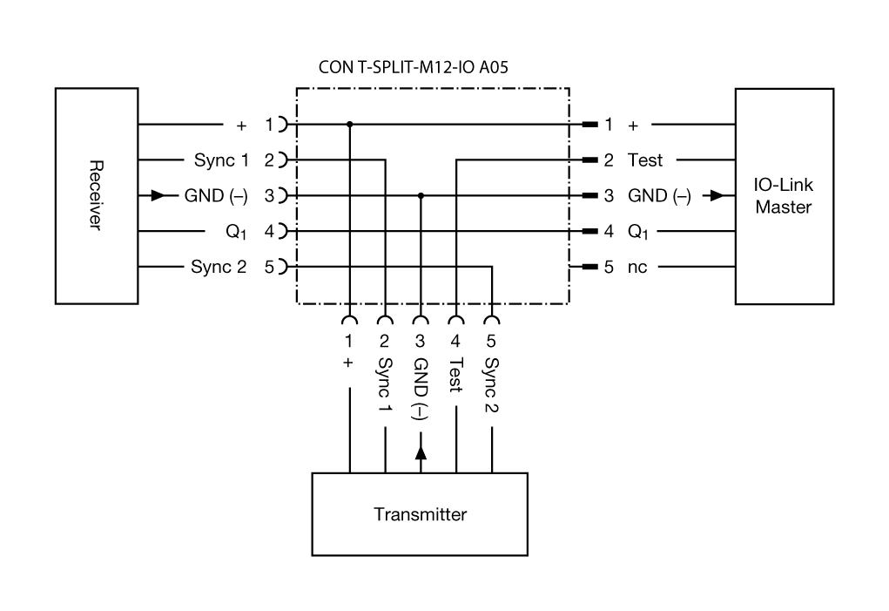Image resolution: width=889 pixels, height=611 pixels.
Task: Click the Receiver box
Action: tap(96, 195)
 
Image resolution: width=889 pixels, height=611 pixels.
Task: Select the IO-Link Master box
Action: tap(783, 196)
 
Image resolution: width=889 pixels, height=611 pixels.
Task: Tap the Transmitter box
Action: tap(420, 514)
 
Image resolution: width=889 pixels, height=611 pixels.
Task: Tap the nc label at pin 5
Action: tap(638, 267)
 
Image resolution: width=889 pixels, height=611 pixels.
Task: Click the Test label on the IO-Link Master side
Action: tap(644, 160)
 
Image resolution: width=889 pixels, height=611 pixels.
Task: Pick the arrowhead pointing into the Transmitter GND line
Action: tap(421, 452)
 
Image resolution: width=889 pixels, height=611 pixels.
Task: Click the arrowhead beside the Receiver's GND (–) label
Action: tap(158, 196)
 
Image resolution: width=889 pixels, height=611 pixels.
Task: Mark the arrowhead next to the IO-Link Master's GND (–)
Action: tap(717, 196)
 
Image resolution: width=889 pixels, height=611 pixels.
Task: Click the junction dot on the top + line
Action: tap(350, 125)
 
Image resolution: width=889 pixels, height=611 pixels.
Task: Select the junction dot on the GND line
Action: tap(421, 196)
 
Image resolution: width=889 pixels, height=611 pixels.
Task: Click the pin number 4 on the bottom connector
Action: tap(455, 341)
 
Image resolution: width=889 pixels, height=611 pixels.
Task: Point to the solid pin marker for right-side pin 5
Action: tap(589, 267)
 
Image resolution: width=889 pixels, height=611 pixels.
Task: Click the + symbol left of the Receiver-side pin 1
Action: tap(242, 125)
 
